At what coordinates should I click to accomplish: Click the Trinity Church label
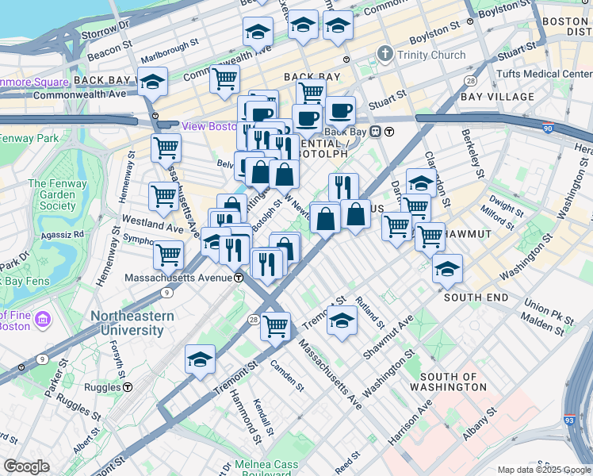(x=431, y=55)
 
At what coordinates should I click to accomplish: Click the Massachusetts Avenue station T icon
(x=239, y=278)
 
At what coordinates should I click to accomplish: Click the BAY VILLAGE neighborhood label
(x=496, y=97)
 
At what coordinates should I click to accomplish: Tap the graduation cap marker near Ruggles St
(x=200, y=359)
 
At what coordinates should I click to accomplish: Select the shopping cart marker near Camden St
(x=275, y=325)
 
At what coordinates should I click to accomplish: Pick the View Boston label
(x=210, y=126)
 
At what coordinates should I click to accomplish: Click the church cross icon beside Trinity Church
(x=385, y=55)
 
